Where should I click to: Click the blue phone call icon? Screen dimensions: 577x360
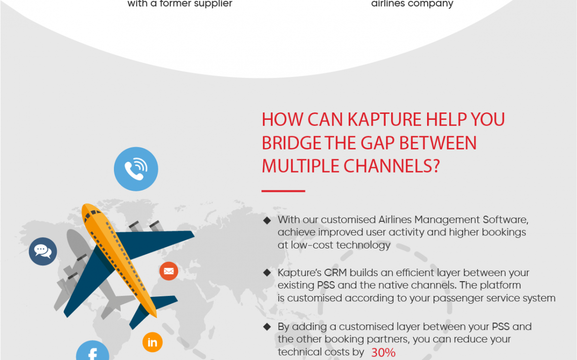point(136,169)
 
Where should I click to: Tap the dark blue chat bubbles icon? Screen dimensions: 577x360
point(43,252)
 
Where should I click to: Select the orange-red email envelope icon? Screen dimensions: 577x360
point(169,271)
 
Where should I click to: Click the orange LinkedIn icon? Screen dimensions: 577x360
point(152,342)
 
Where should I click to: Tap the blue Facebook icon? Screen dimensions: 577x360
point(92,352)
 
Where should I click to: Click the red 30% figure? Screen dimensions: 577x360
point(383,353)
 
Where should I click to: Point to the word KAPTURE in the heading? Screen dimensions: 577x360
point(384,120)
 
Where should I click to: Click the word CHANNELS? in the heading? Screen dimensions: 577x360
point(392,166)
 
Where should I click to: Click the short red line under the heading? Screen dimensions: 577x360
point(284,191)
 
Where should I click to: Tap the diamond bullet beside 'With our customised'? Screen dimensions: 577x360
point(267,220)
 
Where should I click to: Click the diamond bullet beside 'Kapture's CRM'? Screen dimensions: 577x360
point(267,273)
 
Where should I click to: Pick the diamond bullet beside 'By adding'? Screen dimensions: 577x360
point(267,326)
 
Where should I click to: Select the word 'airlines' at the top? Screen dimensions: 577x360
point(388,3)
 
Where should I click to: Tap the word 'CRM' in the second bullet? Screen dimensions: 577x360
point(335,273)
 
